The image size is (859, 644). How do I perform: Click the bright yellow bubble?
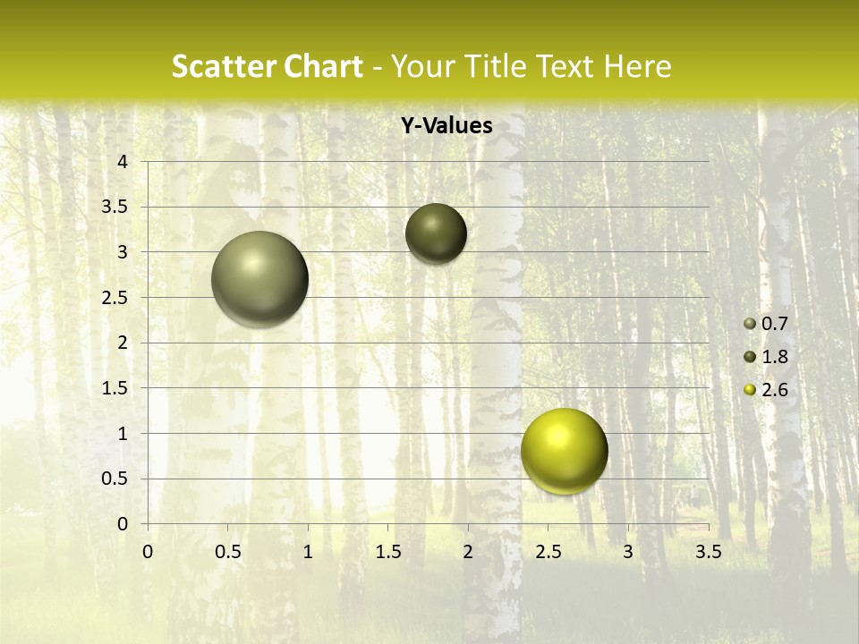pyautogui.click(x=564, y=451)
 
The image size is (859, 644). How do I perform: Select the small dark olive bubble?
pyautogui.click(x=436, y=233)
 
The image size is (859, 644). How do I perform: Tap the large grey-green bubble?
pyautogui.click(x=259, y=279)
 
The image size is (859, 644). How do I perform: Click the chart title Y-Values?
pyautogui.click(x=447, y=126)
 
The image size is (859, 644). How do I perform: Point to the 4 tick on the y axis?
pyautogui.click(x=123, y=161)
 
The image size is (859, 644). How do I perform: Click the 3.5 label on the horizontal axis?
pyautogui.click(x=708, y=552)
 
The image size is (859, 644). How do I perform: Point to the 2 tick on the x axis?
pyautogui.click(x=468, y=552)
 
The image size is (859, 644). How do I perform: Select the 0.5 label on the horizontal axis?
pyautogui.click(x=227, y=552)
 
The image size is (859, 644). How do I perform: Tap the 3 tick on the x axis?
pyautogui.click(x=628, y=552)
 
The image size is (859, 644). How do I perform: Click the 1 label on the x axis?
pyautogui.click(x=308, y=552)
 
